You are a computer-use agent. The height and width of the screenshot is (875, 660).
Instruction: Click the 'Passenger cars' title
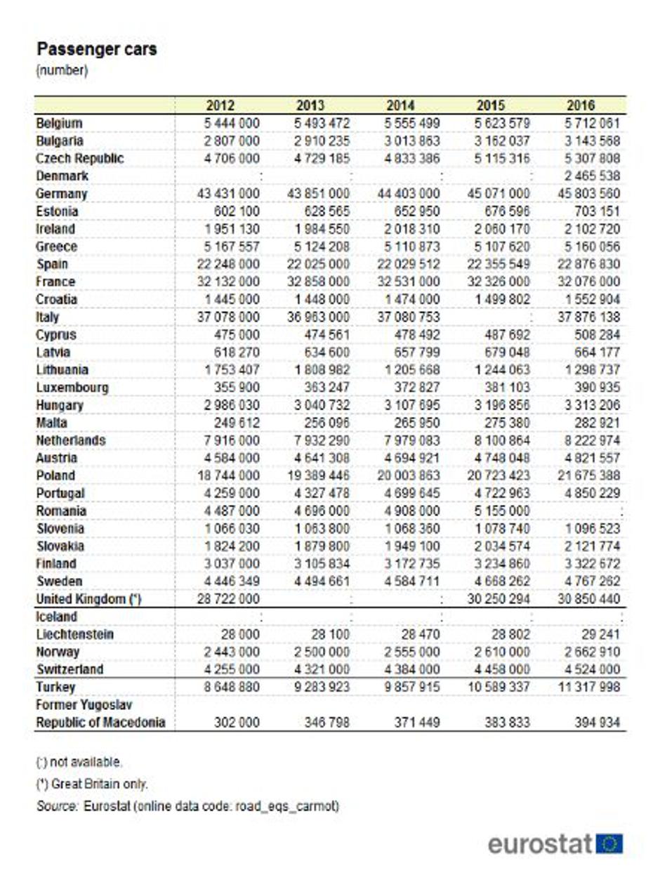coord(96,50)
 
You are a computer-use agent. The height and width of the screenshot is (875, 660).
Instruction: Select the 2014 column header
coord(400,105)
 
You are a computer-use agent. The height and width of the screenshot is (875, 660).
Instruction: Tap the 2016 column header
coord(581,105)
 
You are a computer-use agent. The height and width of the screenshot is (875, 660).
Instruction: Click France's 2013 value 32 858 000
coord(320,282)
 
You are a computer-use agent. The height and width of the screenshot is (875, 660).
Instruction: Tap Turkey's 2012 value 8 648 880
coord(230,687)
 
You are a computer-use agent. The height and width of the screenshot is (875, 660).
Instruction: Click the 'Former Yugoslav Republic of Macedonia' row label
coord(100,713)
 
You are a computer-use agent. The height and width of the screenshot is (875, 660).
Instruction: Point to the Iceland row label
coord(56,617)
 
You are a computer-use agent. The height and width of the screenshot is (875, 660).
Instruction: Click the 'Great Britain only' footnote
coord(91,784)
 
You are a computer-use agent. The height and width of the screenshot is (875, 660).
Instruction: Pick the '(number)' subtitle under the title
coord(62,70)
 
